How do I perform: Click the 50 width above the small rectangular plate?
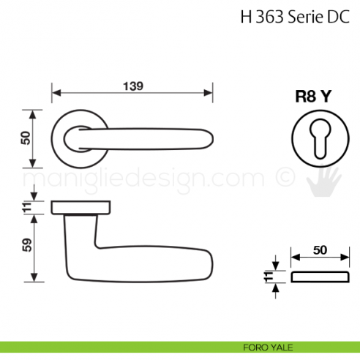coord(319,250)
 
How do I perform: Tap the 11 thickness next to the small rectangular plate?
coord(269,277)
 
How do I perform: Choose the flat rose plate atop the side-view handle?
coord(82,208)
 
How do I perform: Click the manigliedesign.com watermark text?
coord(146,179)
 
